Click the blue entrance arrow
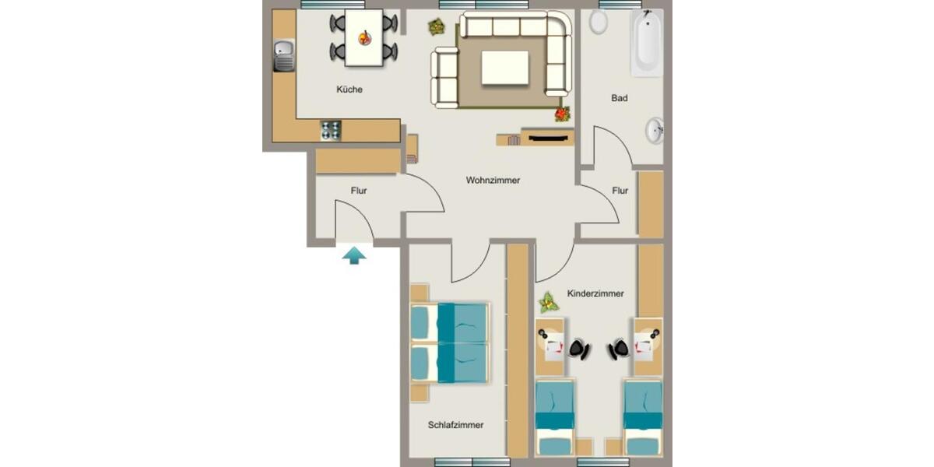(x=354, y=255)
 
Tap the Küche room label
(x=349, y=90)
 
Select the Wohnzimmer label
(x=493, y=181)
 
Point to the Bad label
(x=620, y=98)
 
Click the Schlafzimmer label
(x=455, y=425)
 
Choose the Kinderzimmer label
(x=595, y=293)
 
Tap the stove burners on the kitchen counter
(x=331, y=130)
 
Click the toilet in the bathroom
(x=598, y=22)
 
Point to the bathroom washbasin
(x=655, y=130)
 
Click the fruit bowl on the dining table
(x=363, y=37)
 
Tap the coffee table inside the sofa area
(x=504, y=68)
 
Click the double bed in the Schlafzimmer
(x=451, y=342)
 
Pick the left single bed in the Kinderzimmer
(x=555, y=417)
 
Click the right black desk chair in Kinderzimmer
(x=619, y=349)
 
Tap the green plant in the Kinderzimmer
(x=549, y=302)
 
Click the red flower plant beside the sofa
(x=561, y=114)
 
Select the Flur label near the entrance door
(x=358, y=190)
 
